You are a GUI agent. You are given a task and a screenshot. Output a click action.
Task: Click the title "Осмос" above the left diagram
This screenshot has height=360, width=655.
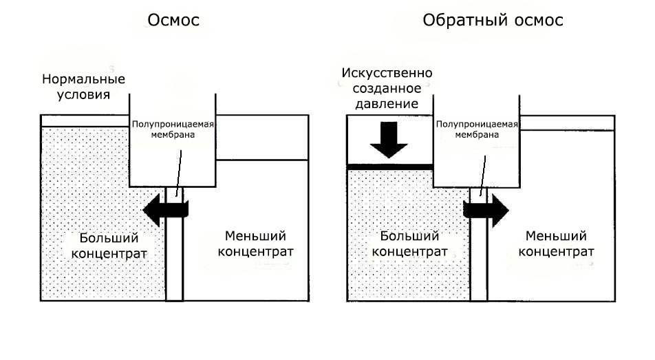click(x=173, y=20)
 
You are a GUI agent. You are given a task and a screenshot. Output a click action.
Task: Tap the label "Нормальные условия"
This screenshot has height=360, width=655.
click(x=83, y=87)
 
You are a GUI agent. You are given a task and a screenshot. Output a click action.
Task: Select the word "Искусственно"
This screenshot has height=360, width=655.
click(x=387, y=73)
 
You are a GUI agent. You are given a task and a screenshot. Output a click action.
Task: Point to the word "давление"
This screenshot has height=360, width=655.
click(x=387, y=104)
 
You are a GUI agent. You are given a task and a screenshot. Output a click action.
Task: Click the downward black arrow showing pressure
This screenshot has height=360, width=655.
click(x=389, y=140)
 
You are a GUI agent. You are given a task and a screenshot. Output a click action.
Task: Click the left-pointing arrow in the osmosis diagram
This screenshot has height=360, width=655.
click(x=166, y=210)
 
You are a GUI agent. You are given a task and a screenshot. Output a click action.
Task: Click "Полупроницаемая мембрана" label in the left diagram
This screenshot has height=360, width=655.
click(x=173, y=129)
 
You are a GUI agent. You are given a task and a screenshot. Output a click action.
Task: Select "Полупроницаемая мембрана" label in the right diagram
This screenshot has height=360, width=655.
click(x=477, y=129)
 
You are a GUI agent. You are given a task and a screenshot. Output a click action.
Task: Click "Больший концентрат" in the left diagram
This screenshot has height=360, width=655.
click(x=109, y=246)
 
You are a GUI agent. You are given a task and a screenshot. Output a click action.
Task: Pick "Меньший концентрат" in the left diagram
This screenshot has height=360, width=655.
click(x=256, y=244)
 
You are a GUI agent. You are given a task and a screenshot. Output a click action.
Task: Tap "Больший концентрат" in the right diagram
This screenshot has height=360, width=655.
click(x=410, y=244)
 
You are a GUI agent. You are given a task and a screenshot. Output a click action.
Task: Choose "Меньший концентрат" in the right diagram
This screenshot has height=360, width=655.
click(x=557, y=244)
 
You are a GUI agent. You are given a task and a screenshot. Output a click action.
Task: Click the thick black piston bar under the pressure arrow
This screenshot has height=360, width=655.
click(x=389, y=167)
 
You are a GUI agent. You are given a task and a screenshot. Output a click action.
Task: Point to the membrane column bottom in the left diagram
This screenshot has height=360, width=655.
click(x=175, y=299)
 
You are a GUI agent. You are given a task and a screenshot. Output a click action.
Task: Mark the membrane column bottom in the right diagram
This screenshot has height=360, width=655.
click(x=479, y=299)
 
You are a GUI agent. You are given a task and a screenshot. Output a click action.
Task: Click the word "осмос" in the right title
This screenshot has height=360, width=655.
click(x=539, y=21)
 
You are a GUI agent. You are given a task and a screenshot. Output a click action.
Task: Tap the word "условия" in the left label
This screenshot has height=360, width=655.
click(x=83, y=94)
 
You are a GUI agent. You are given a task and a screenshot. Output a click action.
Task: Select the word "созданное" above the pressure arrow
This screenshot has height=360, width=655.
click(x=387, y=88)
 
